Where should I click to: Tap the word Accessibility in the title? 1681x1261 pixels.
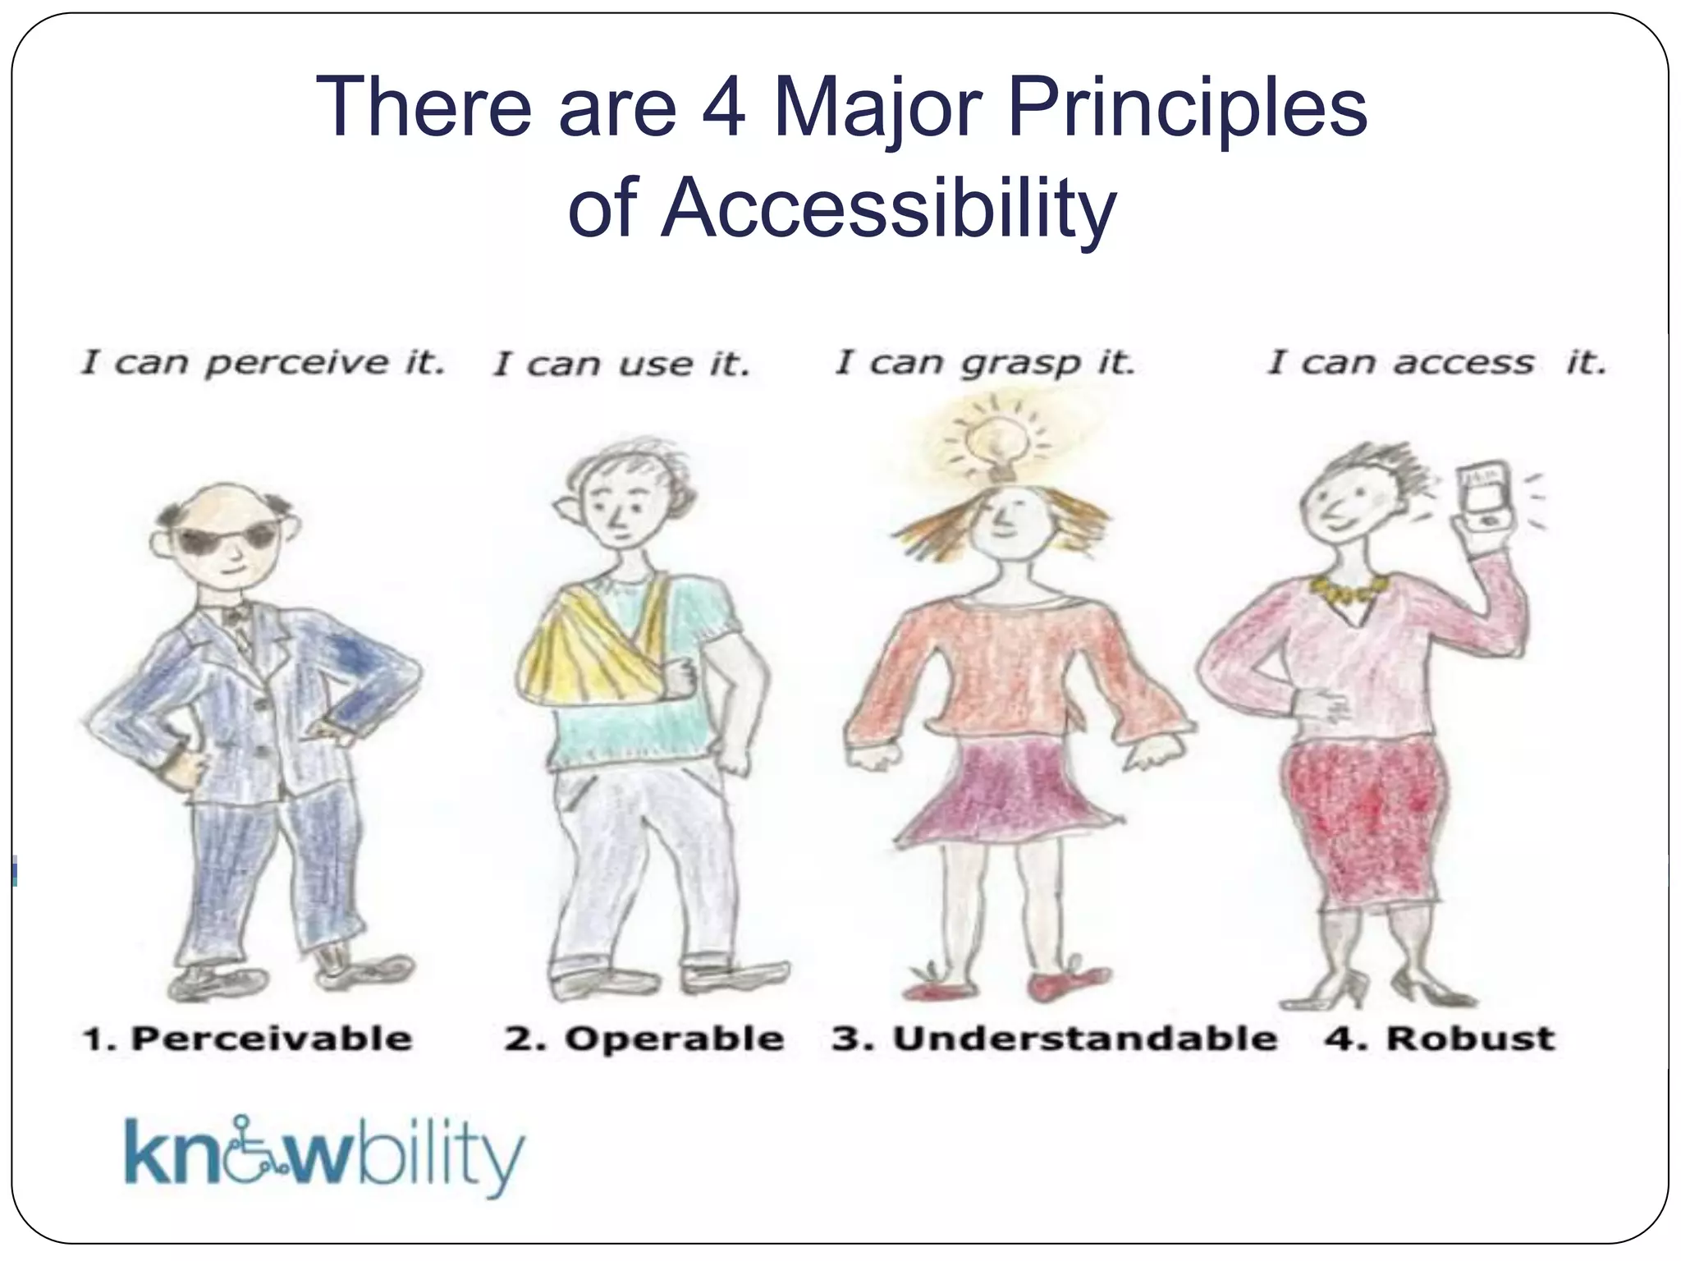(888, 209)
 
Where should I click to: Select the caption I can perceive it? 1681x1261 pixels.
(263, 363)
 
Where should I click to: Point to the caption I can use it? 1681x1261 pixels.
(621, 365)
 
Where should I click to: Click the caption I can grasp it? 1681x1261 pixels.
(985, 363)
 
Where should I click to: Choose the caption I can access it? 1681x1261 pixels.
(1436, 363)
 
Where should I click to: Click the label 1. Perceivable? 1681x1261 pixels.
(247, 1039)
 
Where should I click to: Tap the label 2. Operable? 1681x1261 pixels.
(644, 1039)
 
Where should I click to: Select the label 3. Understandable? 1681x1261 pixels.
(1054, 1039)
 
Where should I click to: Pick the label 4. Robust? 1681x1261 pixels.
(1440, 1039)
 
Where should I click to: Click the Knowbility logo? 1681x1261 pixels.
(323, 1155)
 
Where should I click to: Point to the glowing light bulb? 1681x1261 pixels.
(996, 444)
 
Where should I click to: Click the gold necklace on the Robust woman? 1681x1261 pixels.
(1349, 589)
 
